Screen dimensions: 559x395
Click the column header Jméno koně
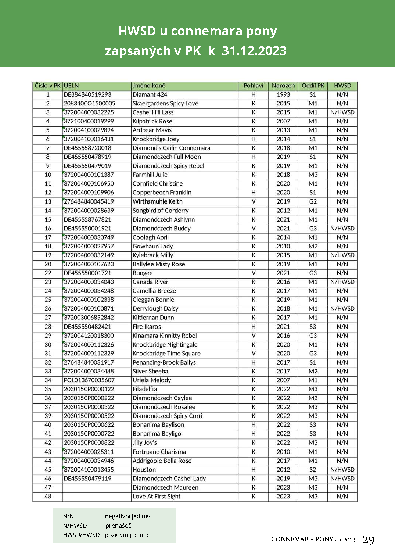[x=149, y=86]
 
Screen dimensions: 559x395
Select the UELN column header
[x=71, y=86]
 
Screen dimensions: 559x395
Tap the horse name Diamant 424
[x=150, y=94]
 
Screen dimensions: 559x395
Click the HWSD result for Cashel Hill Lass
[x=342, y=112]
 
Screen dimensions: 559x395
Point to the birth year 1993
[x=283, y=94]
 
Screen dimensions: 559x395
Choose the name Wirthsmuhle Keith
[x=157, y=201]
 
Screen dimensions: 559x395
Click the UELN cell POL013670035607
[x=89, y=380]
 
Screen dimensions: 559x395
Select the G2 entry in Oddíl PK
[x=313, y=201]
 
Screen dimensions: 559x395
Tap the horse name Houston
[x=144, y=470]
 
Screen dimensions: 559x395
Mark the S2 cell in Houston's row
[x=313, y=470]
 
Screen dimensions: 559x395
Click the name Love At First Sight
[x=157, y=497]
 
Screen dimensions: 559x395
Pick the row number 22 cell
[x=48, y=273]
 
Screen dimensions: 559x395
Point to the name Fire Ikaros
[x=147, y=327]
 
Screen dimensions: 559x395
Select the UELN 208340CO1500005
[x=89, y=104]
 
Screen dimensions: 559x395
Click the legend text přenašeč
[x=118, y=526]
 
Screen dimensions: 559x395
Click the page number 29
[x=368, y=540]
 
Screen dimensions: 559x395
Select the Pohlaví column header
[x=253, y=86]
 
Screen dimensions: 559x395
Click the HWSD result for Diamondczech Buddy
[x=342, y=229]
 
